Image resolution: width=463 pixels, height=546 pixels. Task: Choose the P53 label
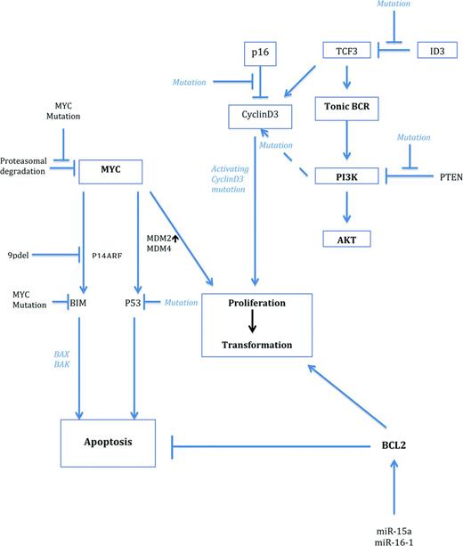click(x=135, y=303)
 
